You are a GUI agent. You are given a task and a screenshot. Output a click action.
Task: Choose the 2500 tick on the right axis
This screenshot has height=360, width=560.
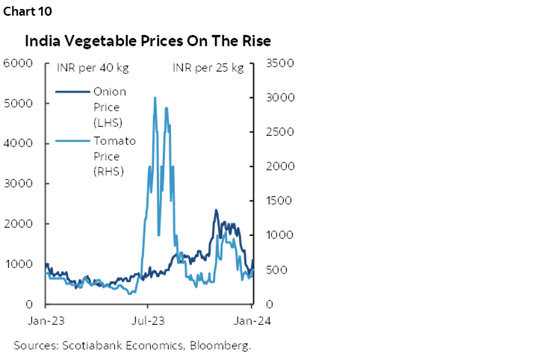point(271,132)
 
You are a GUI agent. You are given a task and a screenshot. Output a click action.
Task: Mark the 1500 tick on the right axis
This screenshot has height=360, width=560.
point(271,201)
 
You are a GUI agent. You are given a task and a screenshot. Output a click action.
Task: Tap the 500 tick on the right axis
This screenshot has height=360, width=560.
point(271,270)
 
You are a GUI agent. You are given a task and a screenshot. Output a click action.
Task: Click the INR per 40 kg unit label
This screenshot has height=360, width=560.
point(93,69)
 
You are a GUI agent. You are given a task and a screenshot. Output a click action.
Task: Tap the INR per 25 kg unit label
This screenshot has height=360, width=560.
point(208,69)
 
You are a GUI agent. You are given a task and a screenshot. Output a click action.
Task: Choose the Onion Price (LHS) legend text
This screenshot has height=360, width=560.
point(111,106)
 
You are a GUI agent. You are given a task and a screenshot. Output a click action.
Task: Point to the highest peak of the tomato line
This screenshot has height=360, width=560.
point(155,97)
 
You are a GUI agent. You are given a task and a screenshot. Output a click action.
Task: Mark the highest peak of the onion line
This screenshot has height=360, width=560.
point(216,211)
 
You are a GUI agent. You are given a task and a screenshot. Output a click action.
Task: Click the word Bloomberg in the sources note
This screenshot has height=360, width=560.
point(220,346)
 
